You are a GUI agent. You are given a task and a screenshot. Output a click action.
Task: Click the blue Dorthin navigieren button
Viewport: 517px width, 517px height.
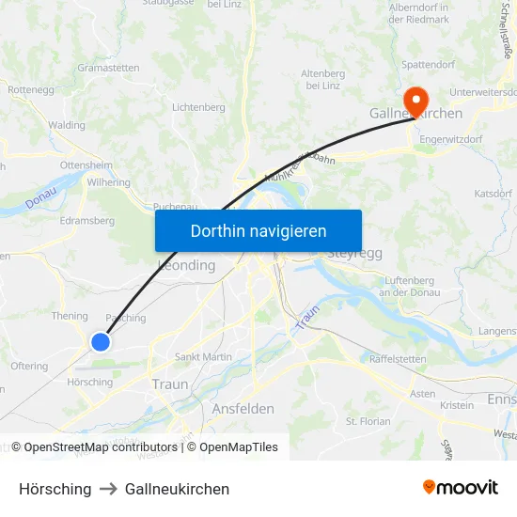point(258,230)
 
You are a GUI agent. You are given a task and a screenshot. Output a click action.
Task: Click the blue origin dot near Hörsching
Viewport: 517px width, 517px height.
point(101,342)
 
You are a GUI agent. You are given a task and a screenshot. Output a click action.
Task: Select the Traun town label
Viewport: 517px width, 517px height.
point(170,384)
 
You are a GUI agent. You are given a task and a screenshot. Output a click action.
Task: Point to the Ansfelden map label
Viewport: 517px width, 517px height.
point(243,409)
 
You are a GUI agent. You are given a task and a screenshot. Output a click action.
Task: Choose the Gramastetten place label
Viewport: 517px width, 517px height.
point(108,68)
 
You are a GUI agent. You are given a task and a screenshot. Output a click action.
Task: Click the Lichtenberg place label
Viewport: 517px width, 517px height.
point(198,108)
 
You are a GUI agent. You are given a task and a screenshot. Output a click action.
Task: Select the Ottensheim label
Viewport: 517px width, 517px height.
point(86,164)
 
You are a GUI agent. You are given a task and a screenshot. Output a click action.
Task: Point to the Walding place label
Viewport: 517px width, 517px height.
point(67,125)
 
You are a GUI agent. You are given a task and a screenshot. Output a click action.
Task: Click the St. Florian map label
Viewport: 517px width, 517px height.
point(368,421)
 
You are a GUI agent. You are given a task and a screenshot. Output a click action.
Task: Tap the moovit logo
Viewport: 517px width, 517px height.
point(461,487)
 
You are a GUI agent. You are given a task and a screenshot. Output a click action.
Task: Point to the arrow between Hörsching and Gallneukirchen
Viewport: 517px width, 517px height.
point(108,489)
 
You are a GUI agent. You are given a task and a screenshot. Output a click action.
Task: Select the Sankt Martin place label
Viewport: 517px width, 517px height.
point(203,357)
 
